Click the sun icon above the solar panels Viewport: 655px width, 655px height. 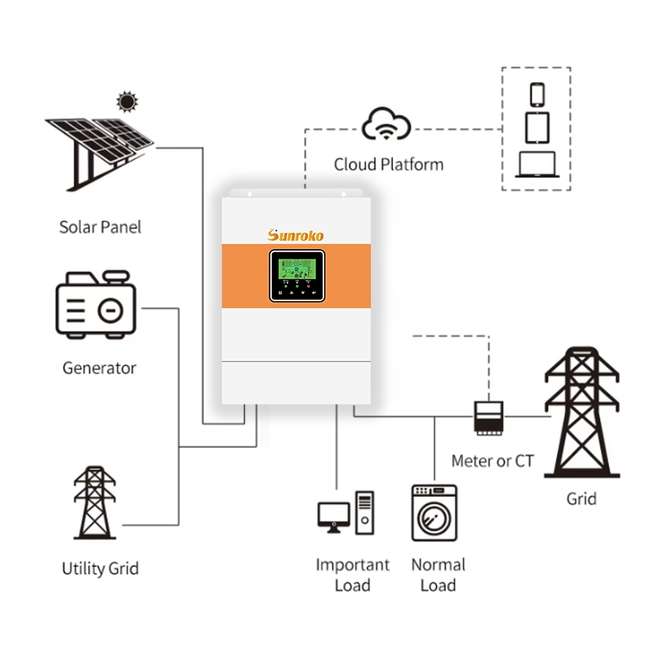pos(126,102)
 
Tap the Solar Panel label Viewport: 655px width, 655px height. pos(100,227)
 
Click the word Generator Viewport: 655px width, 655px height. pos(99,368)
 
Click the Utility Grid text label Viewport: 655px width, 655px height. pos(100,568)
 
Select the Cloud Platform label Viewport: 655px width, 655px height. pos(388,165)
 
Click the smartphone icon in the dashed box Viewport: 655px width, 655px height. pos(537,94)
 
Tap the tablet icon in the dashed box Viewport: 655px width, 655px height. pos(536,128)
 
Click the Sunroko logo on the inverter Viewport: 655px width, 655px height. pos(296,235)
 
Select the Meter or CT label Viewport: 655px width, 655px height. pos(492,461)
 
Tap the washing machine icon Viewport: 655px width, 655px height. pos(434,513)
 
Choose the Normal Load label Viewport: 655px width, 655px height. pos(438,575)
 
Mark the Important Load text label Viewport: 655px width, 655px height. pos(353,575)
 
